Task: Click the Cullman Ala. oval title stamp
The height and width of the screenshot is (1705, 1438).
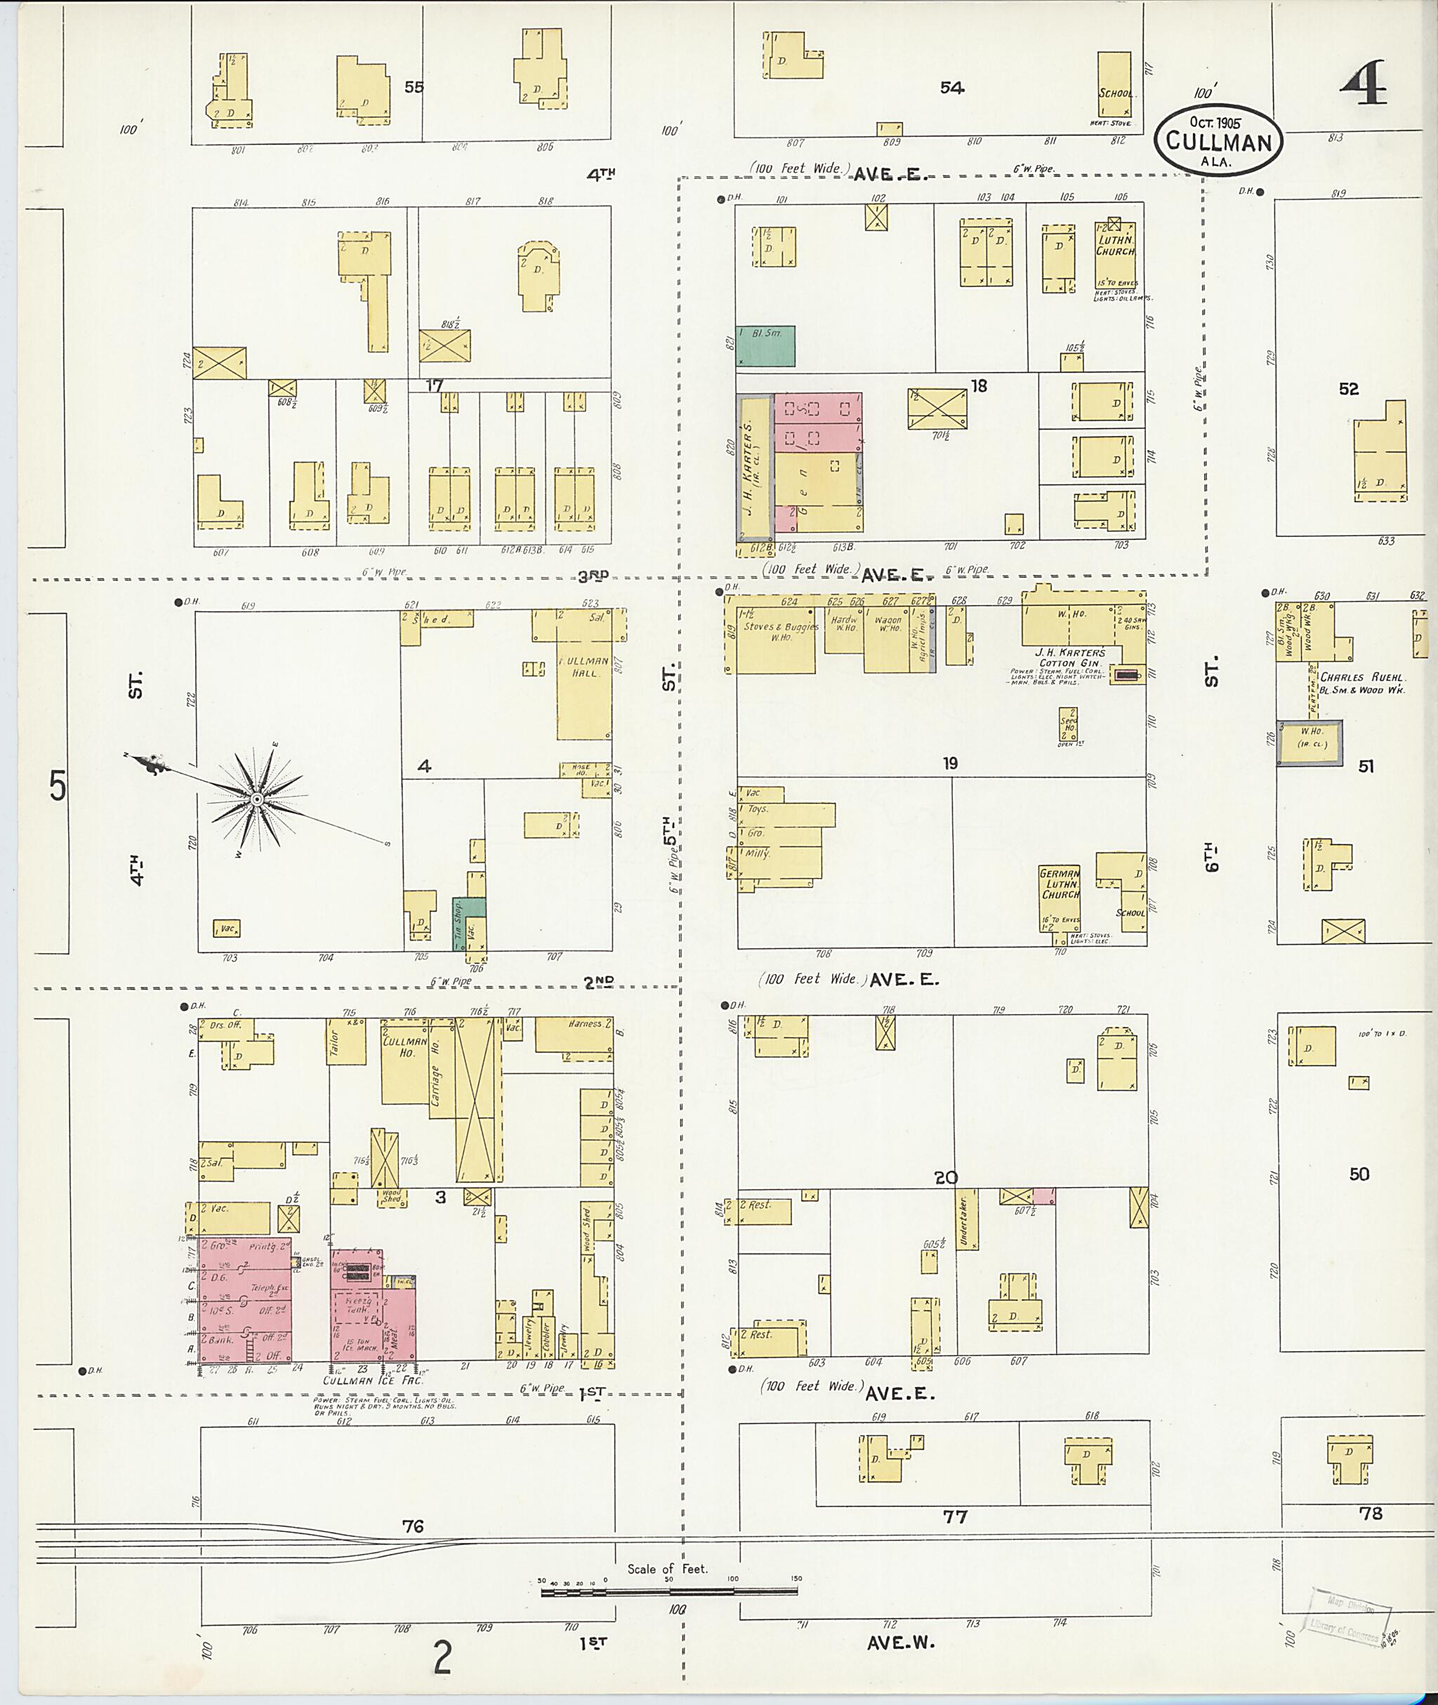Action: pos(1218,140)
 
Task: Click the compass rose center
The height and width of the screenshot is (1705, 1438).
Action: pos(257,800)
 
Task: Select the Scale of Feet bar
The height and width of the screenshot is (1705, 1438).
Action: pos(668,1590)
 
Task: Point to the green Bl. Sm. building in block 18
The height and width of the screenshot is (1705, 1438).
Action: pos(765,345)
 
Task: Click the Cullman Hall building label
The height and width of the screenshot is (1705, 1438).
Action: pos(583,667)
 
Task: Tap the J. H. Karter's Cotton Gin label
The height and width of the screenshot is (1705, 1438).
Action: pos(1069,658)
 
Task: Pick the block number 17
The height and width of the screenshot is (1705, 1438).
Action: pos(434,385)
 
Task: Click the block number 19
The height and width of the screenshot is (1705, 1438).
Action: pos(950,764)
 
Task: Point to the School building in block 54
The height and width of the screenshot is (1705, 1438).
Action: pos(1114,84)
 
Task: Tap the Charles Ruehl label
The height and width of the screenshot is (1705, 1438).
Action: pos(1361,677)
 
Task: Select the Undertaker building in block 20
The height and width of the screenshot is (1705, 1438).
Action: pos(966,1220)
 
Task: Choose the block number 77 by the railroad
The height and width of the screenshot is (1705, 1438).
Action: pos(955,1516)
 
